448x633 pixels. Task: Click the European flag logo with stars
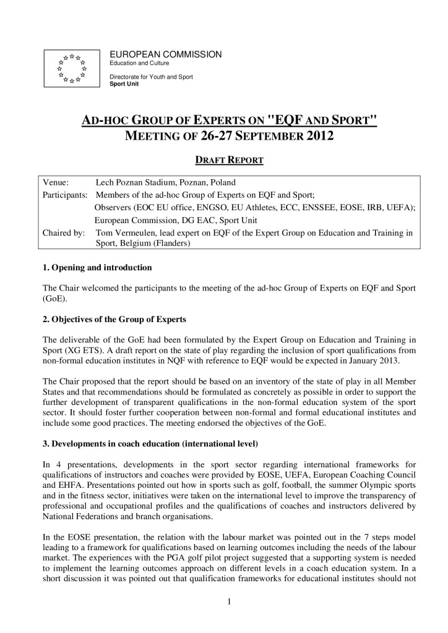tap(72, 68)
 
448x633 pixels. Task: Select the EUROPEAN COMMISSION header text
tap(165, 55)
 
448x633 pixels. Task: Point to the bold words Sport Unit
tap(124, 83)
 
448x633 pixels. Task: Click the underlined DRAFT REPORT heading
tap(230, 160)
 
